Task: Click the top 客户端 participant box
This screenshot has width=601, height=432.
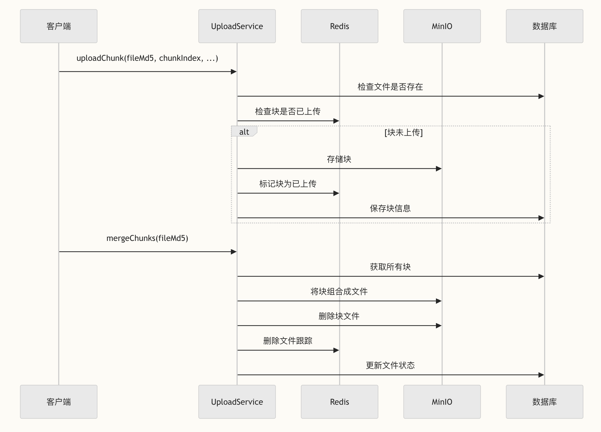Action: point(59,26)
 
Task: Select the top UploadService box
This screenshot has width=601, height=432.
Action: point(237,26)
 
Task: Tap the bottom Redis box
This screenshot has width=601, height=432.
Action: point(339,402)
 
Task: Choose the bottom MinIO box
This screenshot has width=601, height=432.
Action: point(442,402)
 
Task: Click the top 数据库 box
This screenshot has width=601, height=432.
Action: point(544,26)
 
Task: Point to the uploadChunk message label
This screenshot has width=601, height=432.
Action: point(147,58)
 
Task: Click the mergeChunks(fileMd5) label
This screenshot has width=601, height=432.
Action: point(147,238)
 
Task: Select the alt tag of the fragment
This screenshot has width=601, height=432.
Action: point(244,132)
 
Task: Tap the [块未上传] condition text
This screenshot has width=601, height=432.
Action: point(403,132)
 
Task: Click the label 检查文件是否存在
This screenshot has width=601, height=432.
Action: point(390,87)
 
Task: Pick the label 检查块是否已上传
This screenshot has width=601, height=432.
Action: point(288,111)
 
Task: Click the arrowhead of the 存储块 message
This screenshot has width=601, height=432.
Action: point(439,169)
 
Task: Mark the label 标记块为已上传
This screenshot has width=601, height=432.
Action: point(288,184)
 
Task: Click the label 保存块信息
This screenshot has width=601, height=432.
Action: point(390,208)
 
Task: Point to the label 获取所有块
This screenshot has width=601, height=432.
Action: point(390,267)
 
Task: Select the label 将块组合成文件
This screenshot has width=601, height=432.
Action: point(339,291)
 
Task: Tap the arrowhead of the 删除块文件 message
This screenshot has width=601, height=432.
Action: point(439,325)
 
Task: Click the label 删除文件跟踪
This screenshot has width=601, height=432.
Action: point(288,341)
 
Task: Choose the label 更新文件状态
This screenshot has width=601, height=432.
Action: point(390,365)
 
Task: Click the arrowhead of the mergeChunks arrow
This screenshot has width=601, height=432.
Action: point(234,252)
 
